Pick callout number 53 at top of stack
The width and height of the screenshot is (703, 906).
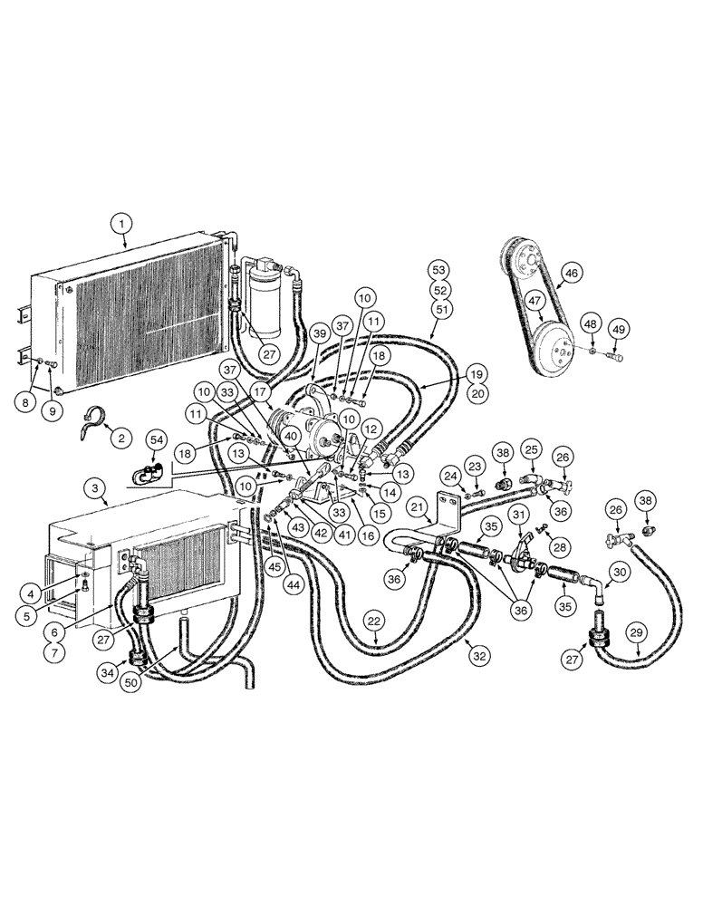pyautogui.click(x=439, y=270)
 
